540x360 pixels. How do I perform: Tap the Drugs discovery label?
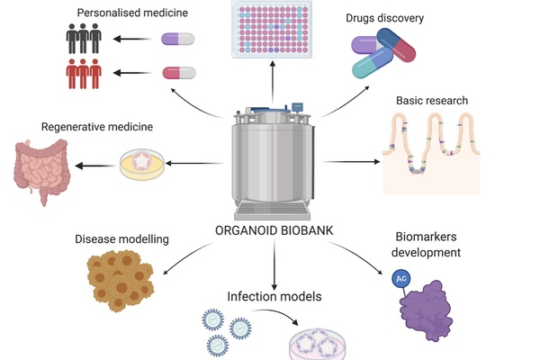coord(384,17)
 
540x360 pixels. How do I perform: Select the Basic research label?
coord(437,99)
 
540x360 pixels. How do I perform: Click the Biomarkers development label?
coord(428,245)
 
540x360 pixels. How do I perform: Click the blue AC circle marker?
coord(400,279)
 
